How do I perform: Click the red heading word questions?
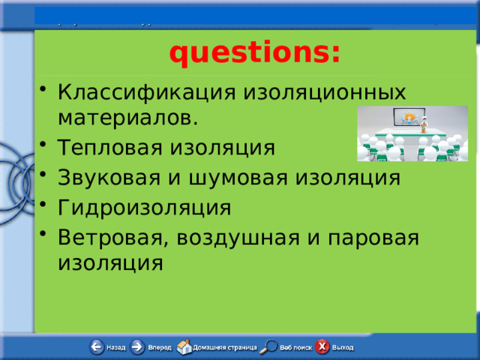254,53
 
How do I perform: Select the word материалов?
128,118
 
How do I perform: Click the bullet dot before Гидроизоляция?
47,206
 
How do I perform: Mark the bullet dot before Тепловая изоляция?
47,147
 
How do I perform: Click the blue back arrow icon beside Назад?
97,347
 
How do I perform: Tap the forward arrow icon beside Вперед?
137,347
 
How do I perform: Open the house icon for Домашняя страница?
184,346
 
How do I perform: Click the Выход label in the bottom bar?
343,348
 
